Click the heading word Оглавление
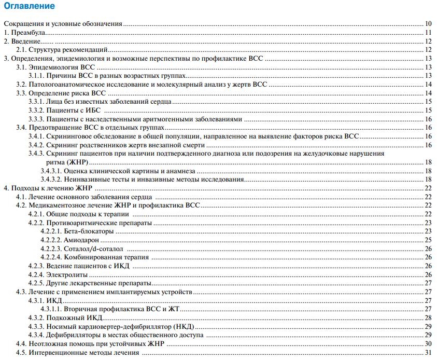(x=29, y=7)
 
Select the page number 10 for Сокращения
(x=428, y=24)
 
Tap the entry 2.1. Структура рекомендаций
(x=62, y=50)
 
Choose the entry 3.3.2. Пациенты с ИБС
(x=64, y=110)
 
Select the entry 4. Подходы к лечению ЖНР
(x=47, y=188)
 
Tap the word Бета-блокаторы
(x=88, y=231)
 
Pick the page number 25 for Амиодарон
(x=428, y=240)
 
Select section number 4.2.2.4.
(x=51, y=257)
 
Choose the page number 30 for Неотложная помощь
(x=428, y=343)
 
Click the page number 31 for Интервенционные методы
(x=428, y=352)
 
